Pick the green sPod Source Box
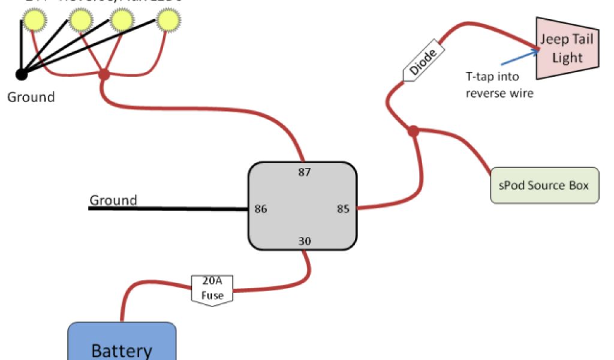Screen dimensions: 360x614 (x=544, y=185)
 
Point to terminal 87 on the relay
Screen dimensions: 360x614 (x=305, y=172)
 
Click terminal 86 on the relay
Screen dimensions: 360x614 (x=261, y=209)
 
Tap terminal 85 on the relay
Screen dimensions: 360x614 (x=343, y=209)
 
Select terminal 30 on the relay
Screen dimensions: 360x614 (x=305, y=241)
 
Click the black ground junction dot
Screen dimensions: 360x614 (x=22, y=74)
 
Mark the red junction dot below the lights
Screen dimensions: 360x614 (x=104, y=74)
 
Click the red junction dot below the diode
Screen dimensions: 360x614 (x=413, y=131)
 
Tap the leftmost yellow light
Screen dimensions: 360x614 (x=36, y=21)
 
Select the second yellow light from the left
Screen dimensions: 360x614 (x=82, y=21)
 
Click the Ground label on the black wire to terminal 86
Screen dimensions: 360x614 (x=113, y=200)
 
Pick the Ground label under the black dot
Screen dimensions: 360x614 (x=31, y=97)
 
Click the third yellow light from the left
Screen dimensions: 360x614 (x=122, y=21)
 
